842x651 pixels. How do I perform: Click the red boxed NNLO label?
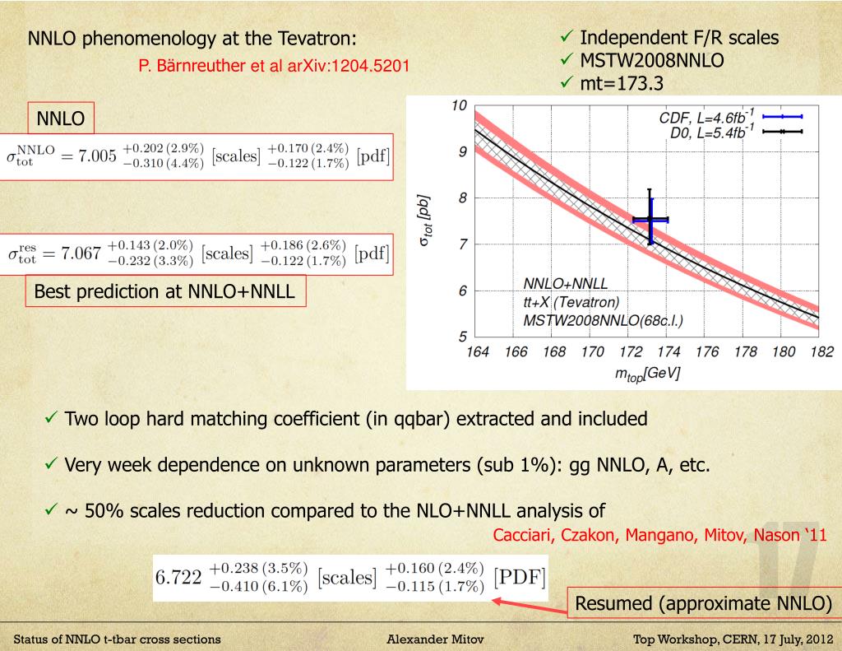(61, 119)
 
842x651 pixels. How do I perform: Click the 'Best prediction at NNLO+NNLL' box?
(164, 292)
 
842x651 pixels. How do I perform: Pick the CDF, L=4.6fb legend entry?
(708, 118)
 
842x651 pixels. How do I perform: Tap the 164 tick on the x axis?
(476, 352)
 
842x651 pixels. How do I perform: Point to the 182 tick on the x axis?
(819, 352)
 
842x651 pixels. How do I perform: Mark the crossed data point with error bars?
(650, 220)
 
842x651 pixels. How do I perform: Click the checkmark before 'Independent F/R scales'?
(566, 39)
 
